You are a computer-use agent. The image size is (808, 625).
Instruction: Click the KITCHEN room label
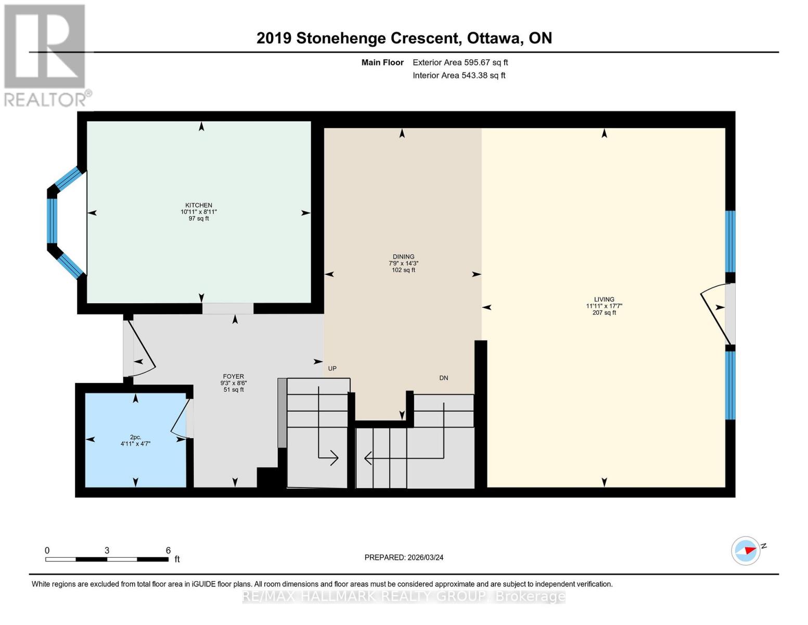[199, 205]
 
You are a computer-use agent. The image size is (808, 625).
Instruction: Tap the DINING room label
[403, 257]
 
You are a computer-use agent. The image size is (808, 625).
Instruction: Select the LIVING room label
[604, 299]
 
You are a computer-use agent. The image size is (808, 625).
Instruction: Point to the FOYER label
[233, 377]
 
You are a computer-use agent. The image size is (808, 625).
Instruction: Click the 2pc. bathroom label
[135, 437]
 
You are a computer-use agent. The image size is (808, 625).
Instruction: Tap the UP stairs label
[332, 369]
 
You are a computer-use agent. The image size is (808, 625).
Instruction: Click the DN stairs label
[443, 378]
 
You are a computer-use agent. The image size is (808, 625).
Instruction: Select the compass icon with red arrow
[746, 551]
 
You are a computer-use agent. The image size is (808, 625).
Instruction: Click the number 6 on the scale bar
[168, 551]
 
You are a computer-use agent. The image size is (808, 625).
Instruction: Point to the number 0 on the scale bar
[47, 551]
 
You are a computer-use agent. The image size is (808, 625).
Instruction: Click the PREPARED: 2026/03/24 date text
[404, 557]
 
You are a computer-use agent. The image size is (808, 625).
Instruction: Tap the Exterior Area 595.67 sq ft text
[460, 63]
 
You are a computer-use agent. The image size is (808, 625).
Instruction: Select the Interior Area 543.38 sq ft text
[459, 76]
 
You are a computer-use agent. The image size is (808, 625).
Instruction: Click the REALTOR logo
[46, 55]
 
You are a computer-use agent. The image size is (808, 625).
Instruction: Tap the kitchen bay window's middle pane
[52, 221]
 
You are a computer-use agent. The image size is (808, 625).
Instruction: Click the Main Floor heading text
[382, 63]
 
